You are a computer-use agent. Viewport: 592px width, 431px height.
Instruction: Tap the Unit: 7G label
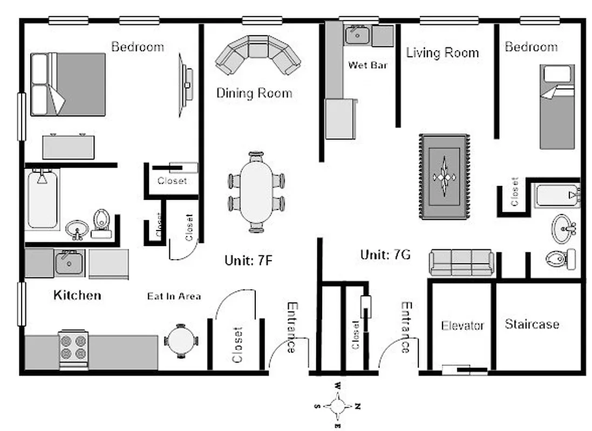pyautogui.click(x=385, y=254)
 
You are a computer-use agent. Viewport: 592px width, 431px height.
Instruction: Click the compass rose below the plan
pyautogui.click(x=338, y=406)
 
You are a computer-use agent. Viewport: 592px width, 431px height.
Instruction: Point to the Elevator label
pyautogui.click(x=462, y=325)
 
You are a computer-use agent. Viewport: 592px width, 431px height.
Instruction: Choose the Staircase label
pyautogui.click(x=532, y=324)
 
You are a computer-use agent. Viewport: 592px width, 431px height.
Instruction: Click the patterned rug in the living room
pyautogui.click(x=444, y=177)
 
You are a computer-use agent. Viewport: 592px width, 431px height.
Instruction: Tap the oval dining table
pyautogui.click(x=257, y=192)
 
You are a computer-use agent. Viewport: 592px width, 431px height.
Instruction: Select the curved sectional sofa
pyautogui.click(x=257, y=54)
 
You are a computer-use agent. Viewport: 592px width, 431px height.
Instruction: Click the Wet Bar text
pyautogui.click(x=368, y=65)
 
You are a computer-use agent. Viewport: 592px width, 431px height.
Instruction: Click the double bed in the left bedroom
pyautogui.click(x=67, y=84)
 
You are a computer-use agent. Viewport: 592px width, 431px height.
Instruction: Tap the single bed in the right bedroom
pyautogui.click(x=557, y=107)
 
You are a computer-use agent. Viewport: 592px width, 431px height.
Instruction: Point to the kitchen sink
pyautogui.click(x=69, y=262)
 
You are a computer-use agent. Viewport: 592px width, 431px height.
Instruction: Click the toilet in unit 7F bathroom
pyautogui.click(x=101, y=223)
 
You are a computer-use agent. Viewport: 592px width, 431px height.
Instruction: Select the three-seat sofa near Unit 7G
pyautogui.click(x=461, y=262)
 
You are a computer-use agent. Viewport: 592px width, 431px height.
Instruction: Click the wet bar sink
pyautogui.click(x=357, y=36)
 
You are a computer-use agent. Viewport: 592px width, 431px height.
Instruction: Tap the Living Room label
pyautogui.click(x=442, y=52)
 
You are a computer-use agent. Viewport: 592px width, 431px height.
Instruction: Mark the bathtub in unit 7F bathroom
pyautogui.click(x=42, y=199)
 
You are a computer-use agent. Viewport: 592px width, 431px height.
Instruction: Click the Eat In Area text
pyautogui.click(x=174, y=296)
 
